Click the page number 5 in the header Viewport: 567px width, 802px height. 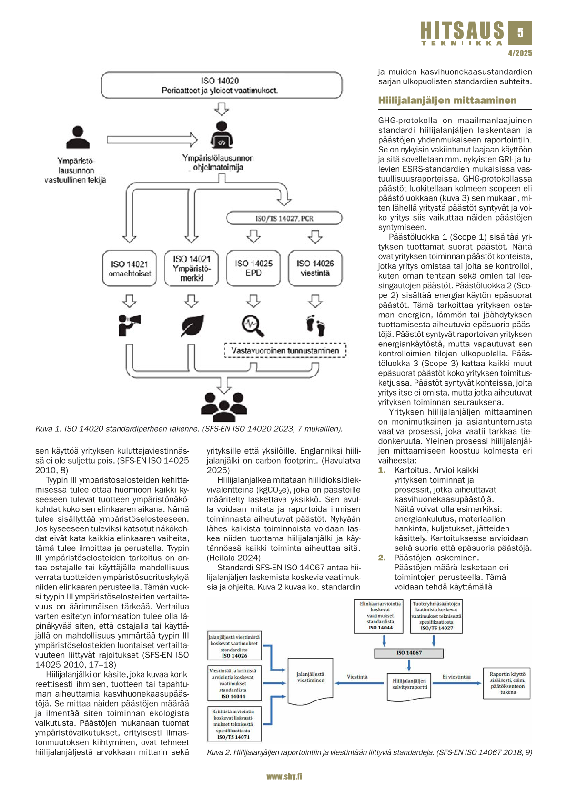pyautogui.click(x=520, y=32)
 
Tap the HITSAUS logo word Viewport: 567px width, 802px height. pyautogui.click(x=462, y=31)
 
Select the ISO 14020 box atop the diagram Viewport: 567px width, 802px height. pyautogui.click(x=221, y=85)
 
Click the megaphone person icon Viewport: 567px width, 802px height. pyautogui.click(x=129, y=325)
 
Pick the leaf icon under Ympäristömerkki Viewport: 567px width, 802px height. pyautogui.click(x=192, y=325)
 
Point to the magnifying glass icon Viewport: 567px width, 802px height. pyautogui.click(x=253, y=326)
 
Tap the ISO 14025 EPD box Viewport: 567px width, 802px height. pyautogui.click(x=253, y=268)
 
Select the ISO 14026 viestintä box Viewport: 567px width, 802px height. pyautogui.click(x=315, y=268)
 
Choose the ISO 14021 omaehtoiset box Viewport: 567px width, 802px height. pyautogui.click(x=130, y=268)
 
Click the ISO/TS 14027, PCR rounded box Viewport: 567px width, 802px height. pyautogui.click(x=284, y=218)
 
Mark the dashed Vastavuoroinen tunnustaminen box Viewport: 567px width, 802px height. pyautogui.click(x=285, y=350)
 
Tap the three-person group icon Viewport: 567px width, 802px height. pyautogui.click(x=223, y=406)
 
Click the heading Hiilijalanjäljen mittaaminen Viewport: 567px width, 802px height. pyautogui.click(x=447, y=101)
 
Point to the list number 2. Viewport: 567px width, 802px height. pyautogui.click(x=382, y=558)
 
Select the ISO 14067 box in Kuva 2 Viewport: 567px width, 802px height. pyautogui.click(x=409, y=652)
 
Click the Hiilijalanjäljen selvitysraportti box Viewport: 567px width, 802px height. pyautogui.click(x=409, y=684)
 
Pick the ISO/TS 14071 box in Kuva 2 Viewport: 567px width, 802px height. pyautogui.click(x=233, y=724)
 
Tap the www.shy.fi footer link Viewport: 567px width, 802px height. pyautogui.click(x=284, y=776)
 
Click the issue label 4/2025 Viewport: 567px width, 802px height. pyautogui.click(x=520, y=53)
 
